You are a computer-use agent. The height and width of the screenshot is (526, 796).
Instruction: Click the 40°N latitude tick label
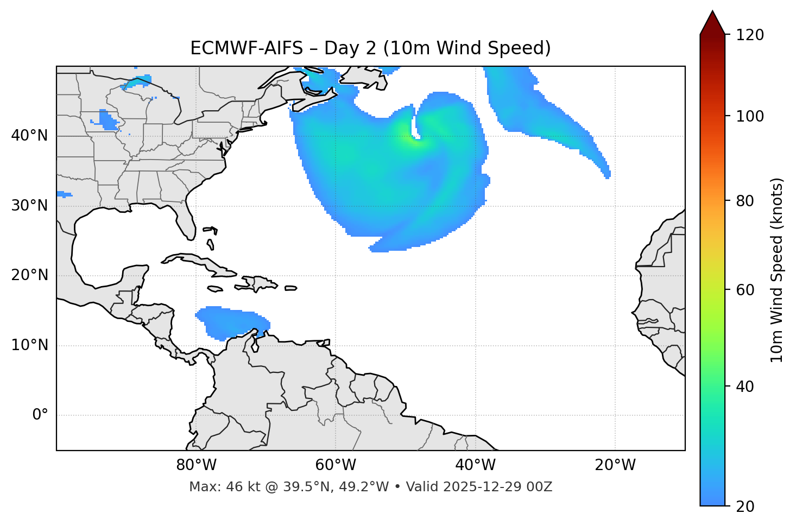coord(29,136)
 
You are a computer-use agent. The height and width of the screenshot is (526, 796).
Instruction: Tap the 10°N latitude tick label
coord(29,345)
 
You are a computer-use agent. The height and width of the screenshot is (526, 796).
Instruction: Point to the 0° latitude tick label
coord(40,415)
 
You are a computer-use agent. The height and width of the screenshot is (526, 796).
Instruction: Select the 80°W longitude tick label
coord(196,465)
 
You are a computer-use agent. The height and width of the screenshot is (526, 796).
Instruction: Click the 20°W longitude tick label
coord(615,465)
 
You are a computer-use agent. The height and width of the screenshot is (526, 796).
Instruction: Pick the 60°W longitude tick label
coord(336,465)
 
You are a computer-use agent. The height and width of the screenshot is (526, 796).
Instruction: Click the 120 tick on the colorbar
coord(750,35)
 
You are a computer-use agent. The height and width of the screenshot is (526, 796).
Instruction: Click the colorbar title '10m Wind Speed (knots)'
coord(777,270)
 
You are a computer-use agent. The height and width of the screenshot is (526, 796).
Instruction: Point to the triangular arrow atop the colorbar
coord(712,23)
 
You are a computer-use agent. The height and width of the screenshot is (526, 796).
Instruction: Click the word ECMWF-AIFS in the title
coord(247,48)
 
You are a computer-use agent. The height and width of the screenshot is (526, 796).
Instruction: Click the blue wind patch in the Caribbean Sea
coord(231,321)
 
